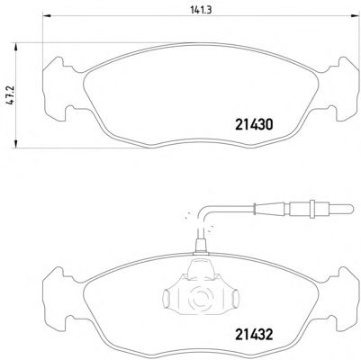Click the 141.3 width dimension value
tap(201, 10)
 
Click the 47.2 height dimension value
tap(11, 94)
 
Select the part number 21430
tap(254, 124)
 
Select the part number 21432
tap(254, 335)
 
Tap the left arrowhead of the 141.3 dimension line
tap(47, 15)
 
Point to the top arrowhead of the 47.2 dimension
tap(15, 46)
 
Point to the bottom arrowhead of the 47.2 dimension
tap(15, 144)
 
